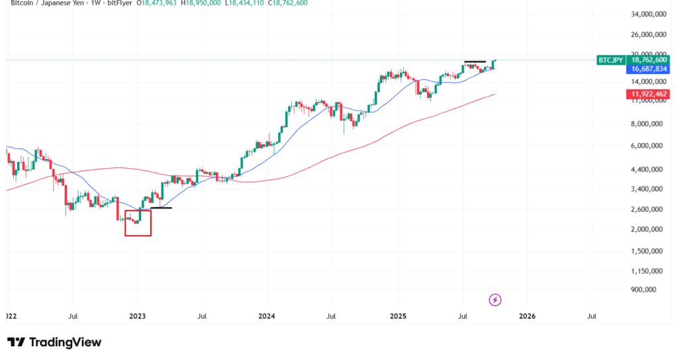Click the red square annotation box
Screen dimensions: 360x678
point(138,222)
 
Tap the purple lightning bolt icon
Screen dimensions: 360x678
point(495,300)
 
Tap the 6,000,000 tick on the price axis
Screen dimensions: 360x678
point(648,146)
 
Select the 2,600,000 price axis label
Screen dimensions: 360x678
point(648,209)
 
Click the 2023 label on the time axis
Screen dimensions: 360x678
point(137,316)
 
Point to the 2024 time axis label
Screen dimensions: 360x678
point(267,316)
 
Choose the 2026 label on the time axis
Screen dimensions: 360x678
point(527,316)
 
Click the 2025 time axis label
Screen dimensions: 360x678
point(397,316)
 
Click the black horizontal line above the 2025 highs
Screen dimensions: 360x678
point(475,62)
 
